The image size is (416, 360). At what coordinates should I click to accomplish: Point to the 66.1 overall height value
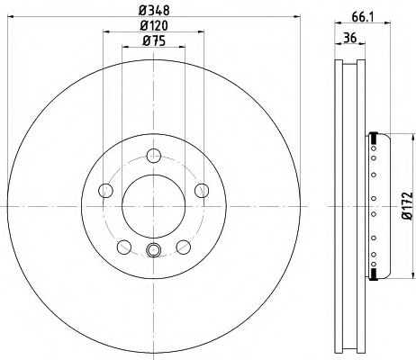point(359,14)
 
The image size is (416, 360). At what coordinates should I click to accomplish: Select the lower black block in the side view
point(371,269)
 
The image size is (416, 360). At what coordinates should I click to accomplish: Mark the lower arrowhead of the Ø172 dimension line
point(394,271)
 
